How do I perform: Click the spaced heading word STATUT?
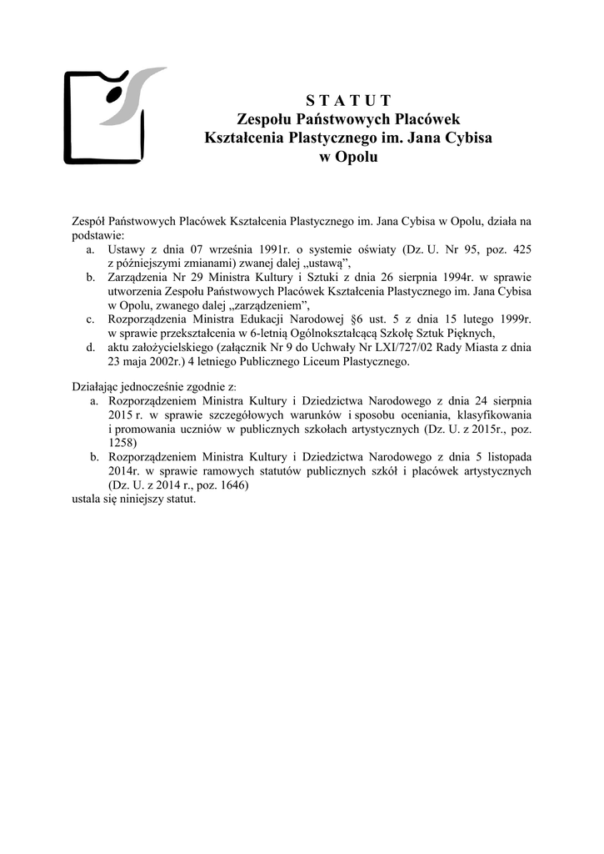click(342, 102)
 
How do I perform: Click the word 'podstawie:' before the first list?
click(96, 235)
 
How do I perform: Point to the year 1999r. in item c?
click(512, 318)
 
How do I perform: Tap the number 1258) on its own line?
click(123, 443)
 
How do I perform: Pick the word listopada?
click(497, 457)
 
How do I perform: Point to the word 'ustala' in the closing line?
click(85, 499)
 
